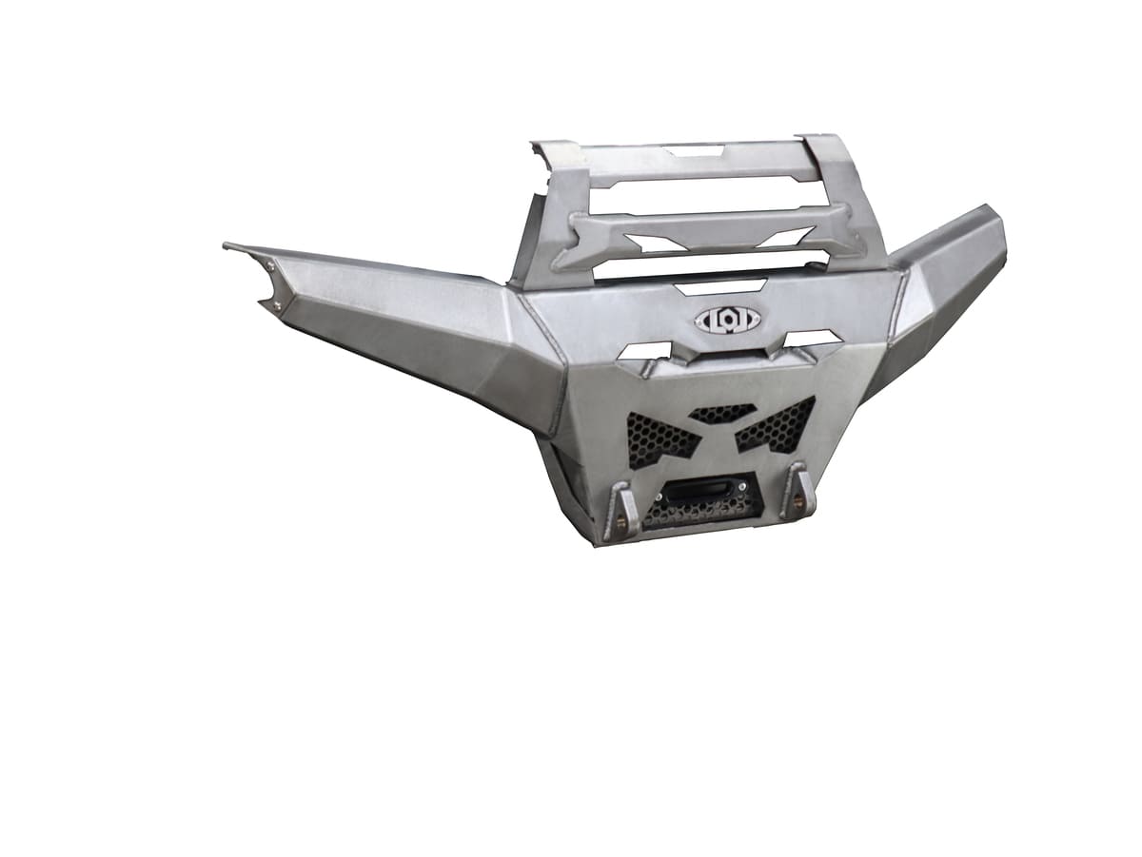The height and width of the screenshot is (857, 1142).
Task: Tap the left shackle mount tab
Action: click(620, 511)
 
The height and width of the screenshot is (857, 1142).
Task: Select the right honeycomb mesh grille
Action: click(778, 424)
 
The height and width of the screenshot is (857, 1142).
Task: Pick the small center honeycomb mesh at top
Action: click(722, 414)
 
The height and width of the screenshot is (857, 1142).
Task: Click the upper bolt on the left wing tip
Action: click(270, 268)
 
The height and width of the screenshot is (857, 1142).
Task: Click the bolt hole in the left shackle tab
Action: click(620, 522)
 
